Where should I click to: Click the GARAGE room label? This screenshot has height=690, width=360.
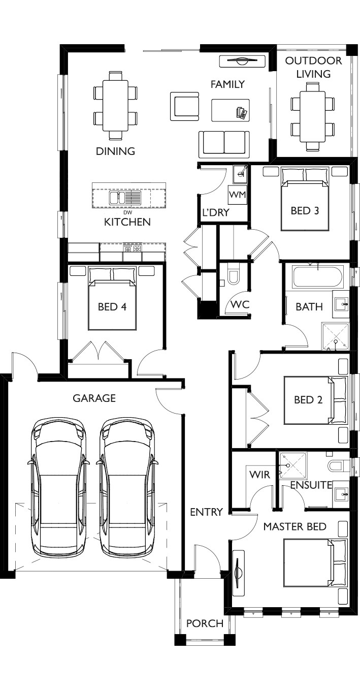click(94, 398)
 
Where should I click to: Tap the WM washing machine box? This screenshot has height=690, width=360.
click(238, 195)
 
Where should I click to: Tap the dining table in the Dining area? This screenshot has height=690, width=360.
click(115, 105)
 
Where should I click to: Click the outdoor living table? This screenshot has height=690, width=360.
click(313, 116)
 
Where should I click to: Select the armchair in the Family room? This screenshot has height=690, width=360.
click(184, 106)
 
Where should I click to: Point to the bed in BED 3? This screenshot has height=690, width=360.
click(305, 199)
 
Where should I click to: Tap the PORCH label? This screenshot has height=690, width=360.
click(205, 623)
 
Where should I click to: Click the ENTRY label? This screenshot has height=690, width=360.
click(206, 512)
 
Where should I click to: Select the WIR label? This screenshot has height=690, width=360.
click(259, 475)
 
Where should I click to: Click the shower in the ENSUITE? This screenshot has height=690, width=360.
click(293, 465)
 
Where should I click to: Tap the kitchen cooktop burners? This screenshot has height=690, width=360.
click(132, 247)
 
